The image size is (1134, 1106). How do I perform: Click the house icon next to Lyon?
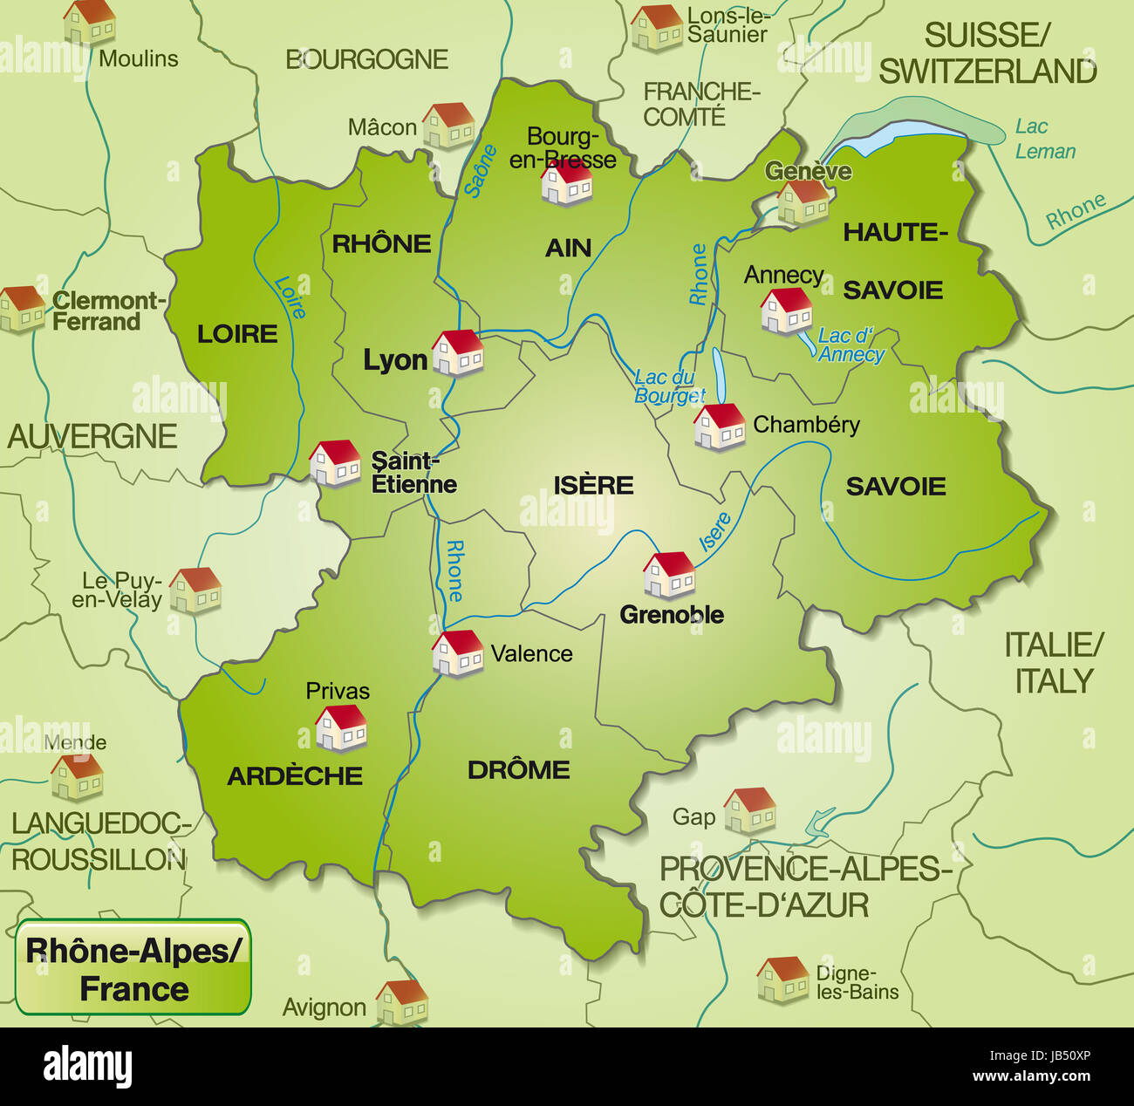click(x=458, y=352)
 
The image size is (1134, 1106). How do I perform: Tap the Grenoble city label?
click(x=671, y=615)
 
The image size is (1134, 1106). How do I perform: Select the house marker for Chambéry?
click(x=720, y=427)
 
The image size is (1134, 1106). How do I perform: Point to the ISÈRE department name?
click(x=593, y=485)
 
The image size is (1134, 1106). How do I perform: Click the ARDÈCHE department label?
click(x=295, y=775)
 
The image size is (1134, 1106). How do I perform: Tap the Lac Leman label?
click(x=1044, y=139)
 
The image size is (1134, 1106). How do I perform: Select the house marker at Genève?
click(x=803, y=202)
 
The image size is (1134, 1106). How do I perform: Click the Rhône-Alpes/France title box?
click(x=133, y=968)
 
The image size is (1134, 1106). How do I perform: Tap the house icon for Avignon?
click(x=402, y=1002)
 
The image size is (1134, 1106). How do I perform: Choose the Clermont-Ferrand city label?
click(x=108, y=311)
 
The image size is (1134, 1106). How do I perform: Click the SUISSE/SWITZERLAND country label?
click(x=987, y=53)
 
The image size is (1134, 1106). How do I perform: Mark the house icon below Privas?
click(x=341, y=728)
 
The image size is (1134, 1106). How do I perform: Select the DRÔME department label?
click(x=518, y=769)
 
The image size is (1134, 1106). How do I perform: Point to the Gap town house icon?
click(x=749, y=810)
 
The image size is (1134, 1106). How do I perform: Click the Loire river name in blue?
click(x=290, y=297)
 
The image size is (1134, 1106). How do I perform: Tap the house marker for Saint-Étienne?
click(x=335, y=463)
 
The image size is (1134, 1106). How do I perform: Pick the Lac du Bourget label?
click(x=667, y=386)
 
